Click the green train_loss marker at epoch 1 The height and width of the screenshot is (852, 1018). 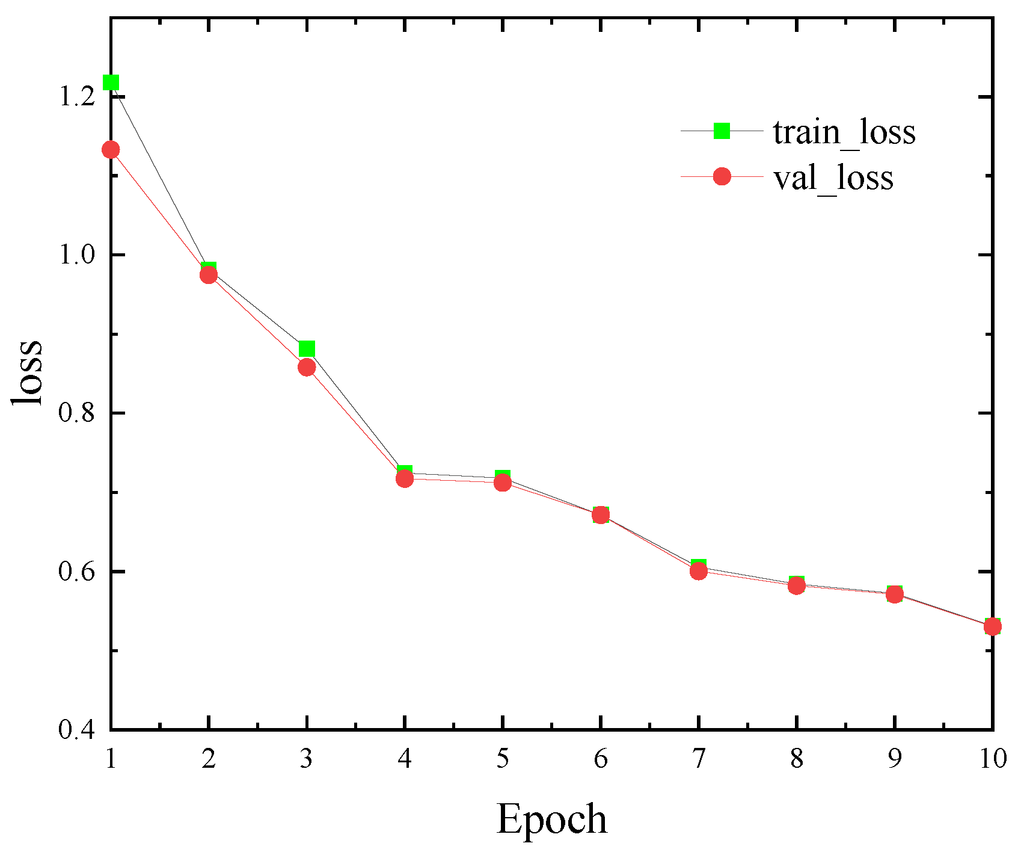(x=111, y=82)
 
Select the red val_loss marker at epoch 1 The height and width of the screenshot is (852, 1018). (x=111, y=149)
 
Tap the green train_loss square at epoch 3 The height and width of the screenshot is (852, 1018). (x=307, y=349)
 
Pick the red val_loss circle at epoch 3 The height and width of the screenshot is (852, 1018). (x=307, y=367)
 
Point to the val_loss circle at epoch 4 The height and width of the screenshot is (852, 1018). (x=405, y=479)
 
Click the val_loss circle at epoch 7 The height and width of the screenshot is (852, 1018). (x=699, y=571)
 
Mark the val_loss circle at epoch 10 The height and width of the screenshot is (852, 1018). (x=992, y=627)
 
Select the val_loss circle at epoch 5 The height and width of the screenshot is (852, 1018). (x=503, y=483)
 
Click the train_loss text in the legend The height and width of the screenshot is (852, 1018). (x=844, y=132)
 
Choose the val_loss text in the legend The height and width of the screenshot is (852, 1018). (x=833, y=177)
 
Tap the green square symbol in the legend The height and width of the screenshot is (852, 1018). (x=722, y=131)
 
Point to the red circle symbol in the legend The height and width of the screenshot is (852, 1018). (x=722, y=176)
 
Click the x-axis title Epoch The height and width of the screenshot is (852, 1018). (x=551, y=820)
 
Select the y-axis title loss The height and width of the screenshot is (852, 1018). (x=28, y=373)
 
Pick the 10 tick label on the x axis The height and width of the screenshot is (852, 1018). (x=992, y=759)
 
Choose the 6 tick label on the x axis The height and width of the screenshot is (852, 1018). (x=601, y=759)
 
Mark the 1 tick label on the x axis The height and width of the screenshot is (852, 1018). (x=111, y=759)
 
